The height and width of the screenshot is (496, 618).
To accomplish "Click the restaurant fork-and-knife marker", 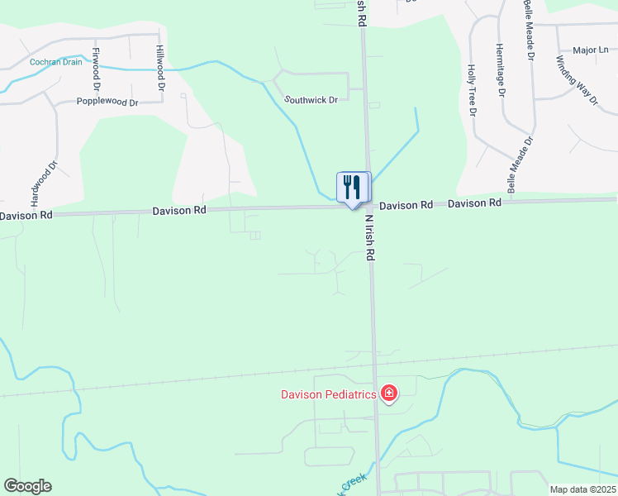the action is click(353, 188).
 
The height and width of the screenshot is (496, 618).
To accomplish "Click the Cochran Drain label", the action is click(56, 62).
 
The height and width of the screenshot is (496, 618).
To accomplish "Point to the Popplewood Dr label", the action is click(107, 102).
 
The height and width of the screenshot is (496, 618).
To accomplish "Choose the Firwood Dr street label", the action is click(97, 69).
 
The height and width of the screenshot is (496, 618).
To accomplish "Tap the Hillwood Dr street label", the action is click(160, 69).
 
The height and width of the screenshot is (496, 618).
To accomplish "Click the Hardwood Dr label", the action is click(45, 183).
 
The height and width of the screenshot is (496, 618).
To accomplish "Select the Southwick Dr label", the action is click(311, 99).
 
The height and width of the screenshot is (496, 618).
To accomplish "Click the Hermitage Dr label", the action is click(499, 69).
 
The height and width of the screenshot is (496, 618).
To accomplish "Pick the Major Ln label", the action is click(590, 50).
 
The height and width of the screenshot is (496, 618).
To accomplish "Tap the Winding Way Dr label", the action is click(577, 79).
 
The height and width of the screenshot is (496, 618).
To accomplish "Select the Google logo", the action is click(27, 486).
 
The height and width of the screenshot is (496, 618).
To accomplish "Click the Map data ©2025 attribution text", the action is click(582, 489).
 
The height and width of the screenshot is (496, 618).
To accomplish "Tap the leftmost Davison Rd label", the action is click(26, 215).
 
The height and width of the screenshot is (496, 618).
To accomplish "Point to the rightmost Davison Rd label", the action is click(475, 203).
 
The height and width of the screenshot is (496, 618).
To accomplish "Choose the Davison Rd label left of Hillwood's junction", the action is click(178, 211).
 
